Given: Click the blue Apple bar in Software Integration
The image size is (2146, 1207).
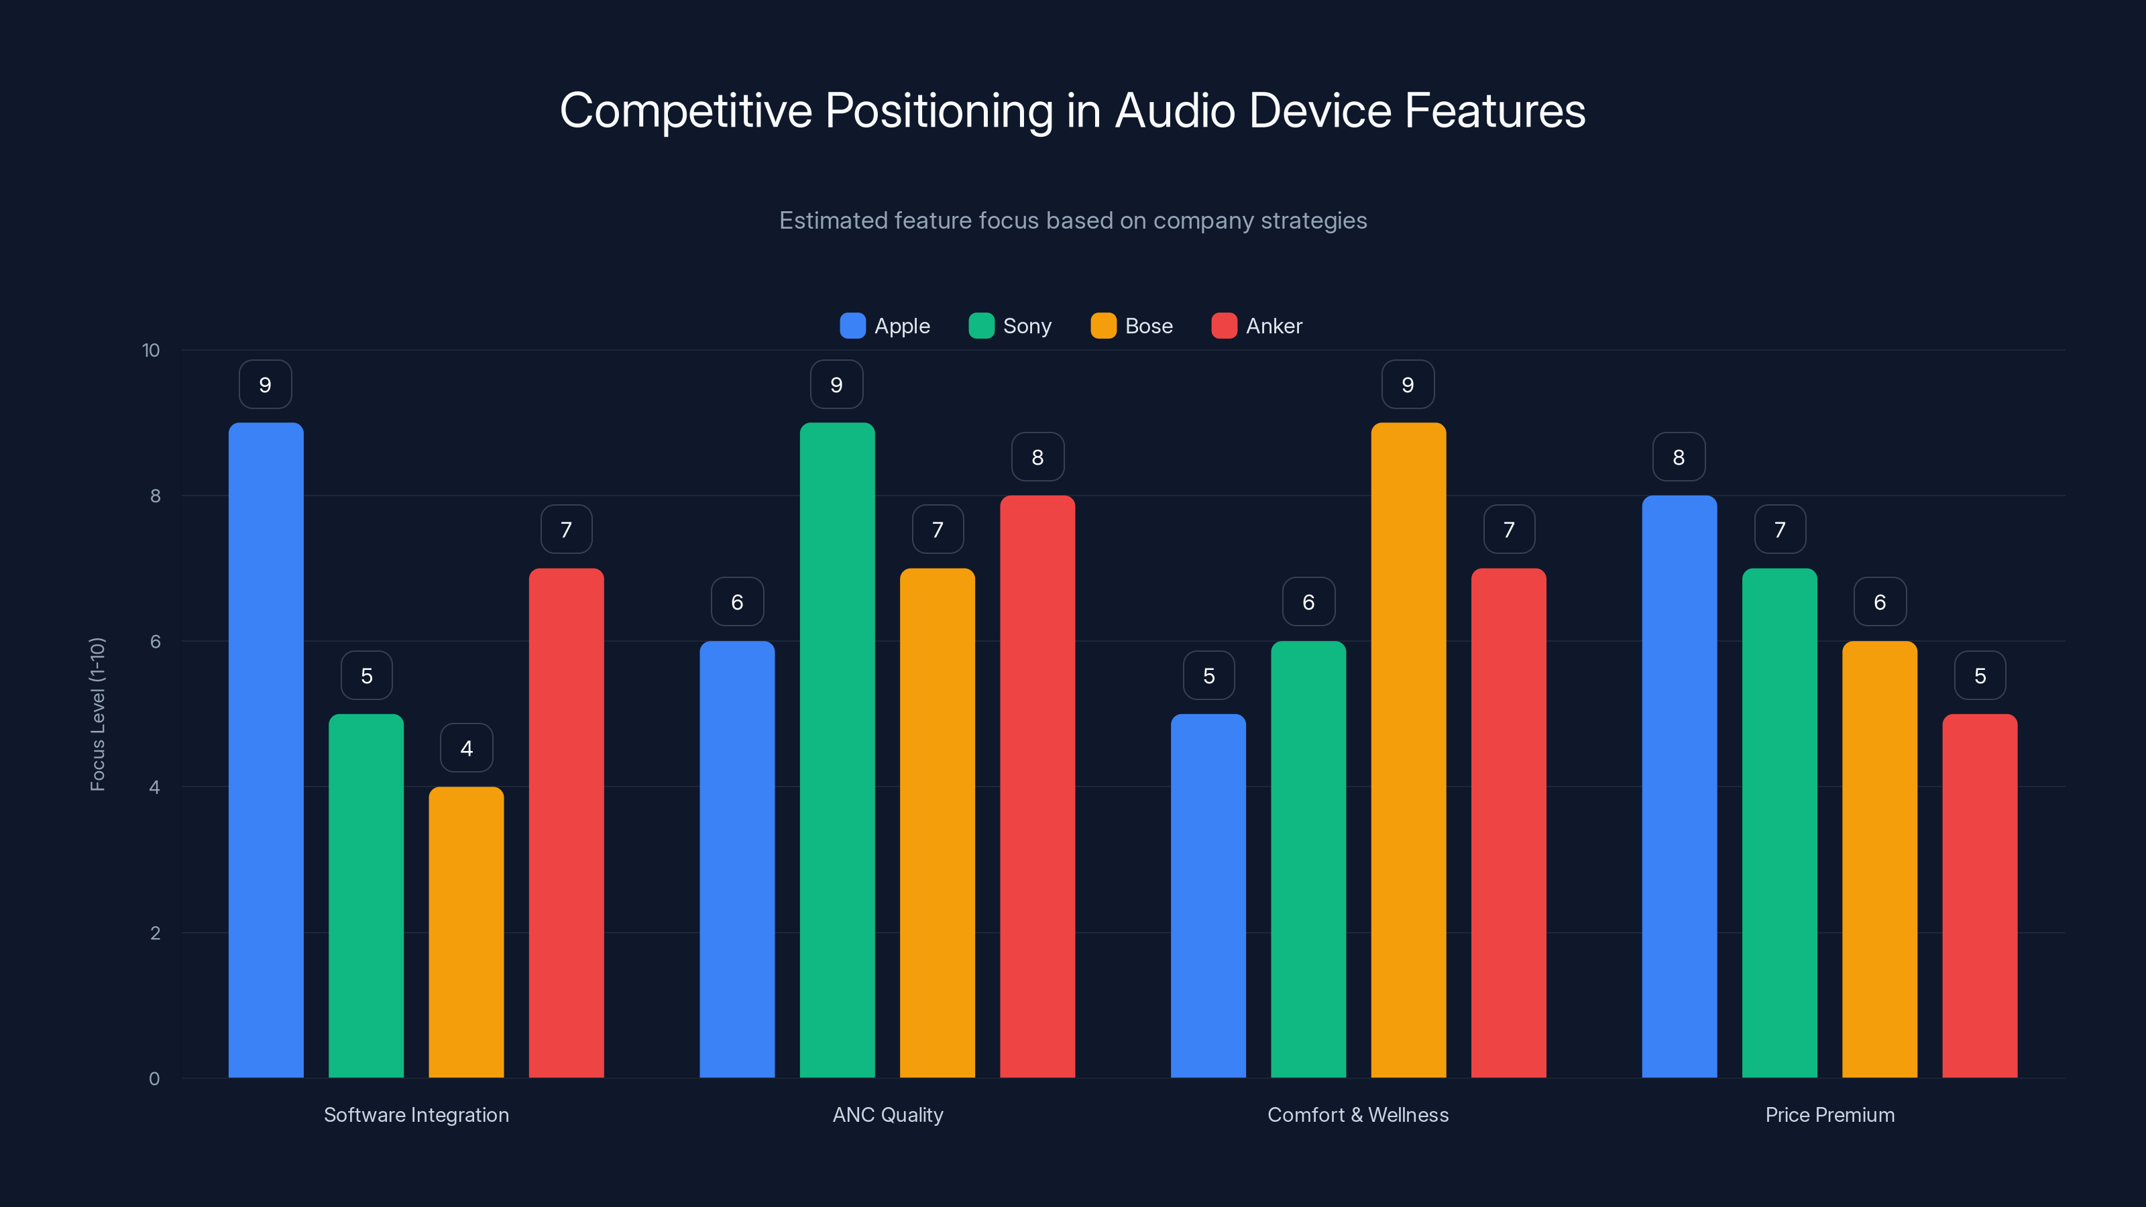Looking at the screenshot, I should tap(266, 750).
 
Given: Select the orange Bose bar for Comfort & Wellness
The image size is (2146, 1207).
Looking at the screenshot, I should tap(1408, 750).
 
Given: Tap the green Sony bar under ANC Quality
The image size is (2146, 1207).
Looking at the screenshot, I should tap(837, 750).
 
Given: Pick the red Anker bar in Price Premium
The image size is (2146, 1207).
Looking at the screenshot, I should tap(1980, 895).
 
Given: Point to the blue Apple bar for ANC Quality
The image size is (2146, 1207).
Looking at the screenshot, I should tap(736, 858).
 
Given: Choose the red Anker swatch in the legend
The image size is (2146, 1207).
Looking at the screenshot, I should tap(1224, 326).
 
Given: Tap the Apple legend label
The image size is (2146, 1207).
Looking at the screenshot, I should tap(901, 326).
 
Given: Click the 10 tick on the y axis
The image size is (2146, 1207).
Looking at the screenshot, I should tap(151, 350).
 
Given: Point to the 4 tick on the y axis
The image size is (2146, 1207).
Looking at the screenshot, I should tap(154, 787).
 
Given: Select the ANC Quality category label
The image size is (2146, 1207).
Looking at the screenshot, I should tap(887, 1114).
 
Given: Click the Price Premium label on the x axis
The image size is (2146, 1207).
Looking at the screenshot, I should tap(1829, 1114).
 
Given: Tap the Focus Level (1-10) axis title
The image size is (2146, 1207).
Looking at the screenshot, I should tap(97, 714).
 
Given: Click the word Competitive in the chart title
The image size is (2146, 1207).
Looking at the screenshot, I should tap(685, 111).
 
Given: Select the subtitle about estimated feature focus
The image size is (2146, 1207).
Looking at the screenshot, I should tap(1072, 221).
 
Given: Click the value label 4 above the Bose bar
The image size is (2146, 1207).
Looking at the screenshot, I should tap(465, 748).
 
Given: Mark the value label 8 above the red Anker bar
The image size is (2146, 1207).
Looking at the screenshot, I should tap(1037, 457).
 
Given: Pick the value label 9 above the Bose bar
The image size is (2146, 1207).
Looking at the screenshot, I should tap(1407, 384).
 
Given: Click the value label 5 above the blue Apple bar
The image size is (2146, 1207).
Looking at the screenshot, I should tap(1208, 675).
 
